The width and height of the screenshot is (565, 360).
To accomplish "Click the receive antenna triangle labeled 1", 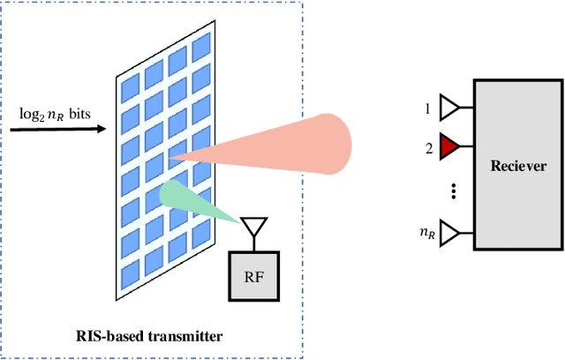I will pyautogui.click(x=450, y=109).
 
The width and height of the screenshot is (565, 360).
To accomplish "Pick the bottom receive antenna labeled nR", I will pyautogui.click(x=450, y=234).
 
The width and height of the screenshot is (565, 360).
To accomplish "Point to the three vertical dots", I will pyautogui.click(x=453, y=191).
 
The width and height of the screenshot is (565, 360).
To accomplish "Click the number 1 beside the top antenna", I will pyautogui.click(x=428, y=109).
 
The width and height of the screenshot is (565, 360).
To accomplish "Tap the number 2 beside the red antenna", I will pyautogui.click(x=428, y=147).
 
